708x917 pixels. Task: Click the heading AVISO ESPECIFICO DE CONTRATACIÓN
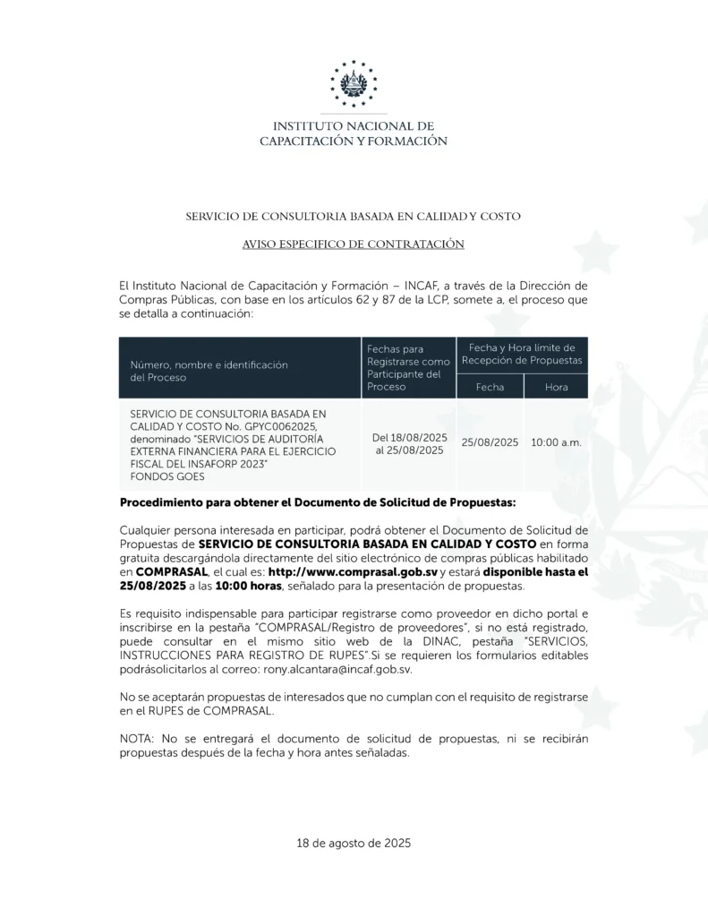coord(354,244)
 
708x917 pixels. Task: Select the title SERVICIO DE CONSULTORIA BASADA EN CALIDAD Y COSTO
coord(354,217)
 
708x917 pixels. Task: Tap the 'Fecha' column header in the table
coord(490,387)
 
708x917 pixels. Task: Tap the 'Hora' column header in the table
coord(556,387)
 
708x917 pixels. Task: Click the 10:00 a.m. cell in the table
coord(556,442)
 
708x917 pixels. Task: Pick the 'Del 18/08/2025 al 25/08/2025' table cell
coord(409,443)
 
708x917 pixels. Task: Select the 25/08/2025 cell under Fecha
coord(490,442)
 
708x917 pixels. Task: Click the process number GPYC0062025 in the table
coord(279,427)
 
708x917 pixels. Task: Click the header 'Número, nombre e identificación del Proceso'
coord(209,371)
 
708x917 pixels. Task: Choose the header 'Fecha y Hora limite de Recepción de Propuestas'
coord(522,353)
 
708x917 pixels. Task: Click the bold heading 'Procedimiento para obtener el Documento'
coord(318,503)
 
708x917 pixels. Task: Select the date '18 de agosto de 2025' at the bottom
coord(354,843)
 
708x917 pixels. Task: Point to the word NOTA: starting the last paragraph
coord(136,739)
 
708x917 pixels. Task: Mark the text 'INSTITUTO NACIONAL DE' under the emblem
coord(354,126)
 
